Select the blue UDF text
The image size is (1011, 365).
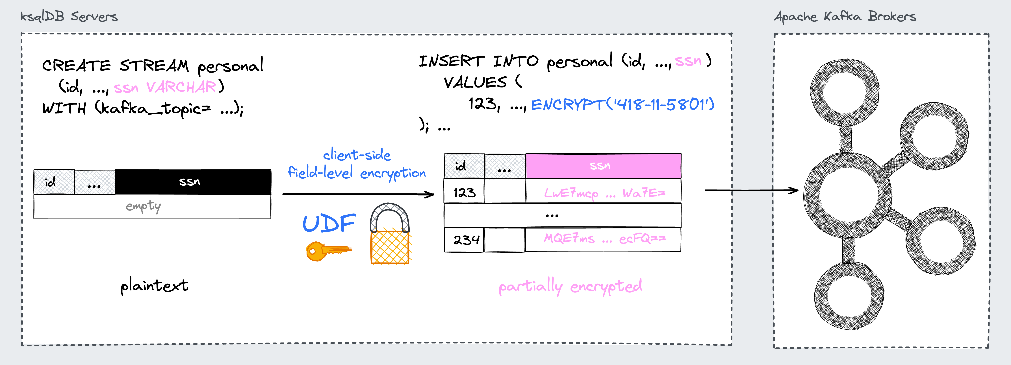[x=329, y=224]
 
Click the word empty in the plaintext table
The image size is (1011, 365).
[x=143, y=206]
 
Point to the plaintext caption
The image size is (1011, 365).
[x=154, y=285]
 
